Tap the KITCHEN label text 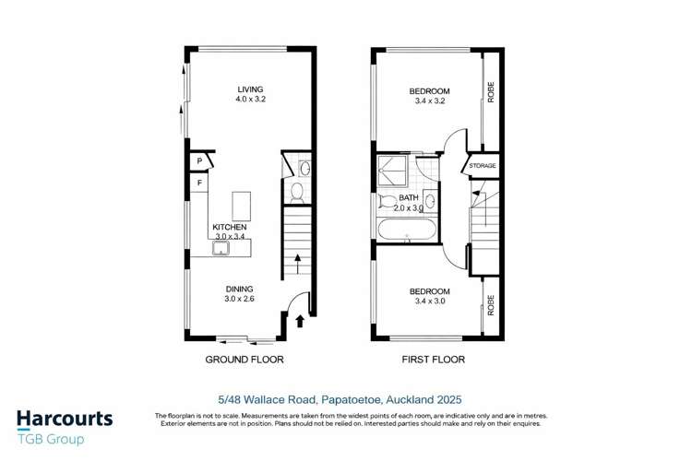click(229, 227)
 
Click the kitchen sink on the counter click(221, 247)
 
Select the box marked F click(198, 183)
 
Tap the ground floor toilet click(296, 192)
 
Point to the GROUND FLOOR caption click(244, 360)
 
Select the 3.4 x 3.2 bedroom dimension click(429, 101)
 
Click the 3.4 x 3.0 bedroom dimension click(429, 301)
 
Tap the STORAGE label click(482, 166)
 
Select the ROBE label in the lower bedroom click(491, 304)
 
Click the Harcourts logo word click(65, 419)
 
